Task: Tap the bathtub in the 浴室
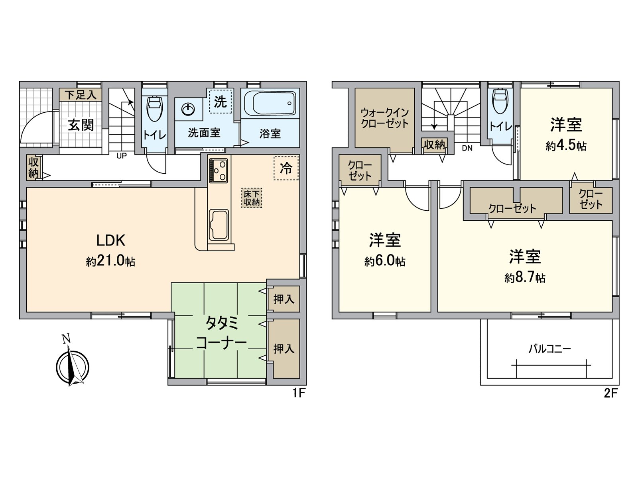(x=270, y=103)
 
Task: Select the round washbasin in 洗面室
(x=187, y=108)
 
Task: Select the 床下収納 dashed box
(x=252, y=198)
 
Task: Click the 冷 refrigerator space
(x=286, y=168)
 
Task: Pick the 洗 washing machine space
(x=220, y=102)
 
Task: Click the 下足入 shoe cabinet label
(x=81, y=95)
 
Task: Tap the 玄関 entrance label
(x=81, y=125)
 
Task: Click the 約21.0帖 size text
(x=110, y=261)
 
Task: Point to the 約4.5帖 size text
(x=566, y=145)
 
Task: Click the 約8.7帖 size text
(x=525, y=277)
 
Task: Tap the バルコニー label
(x=549, y=349)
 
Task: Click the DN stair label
(x=467, y=148)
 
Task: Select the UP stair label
(x=122, y=156)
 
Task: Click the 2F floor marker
(x=610, y=394)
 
